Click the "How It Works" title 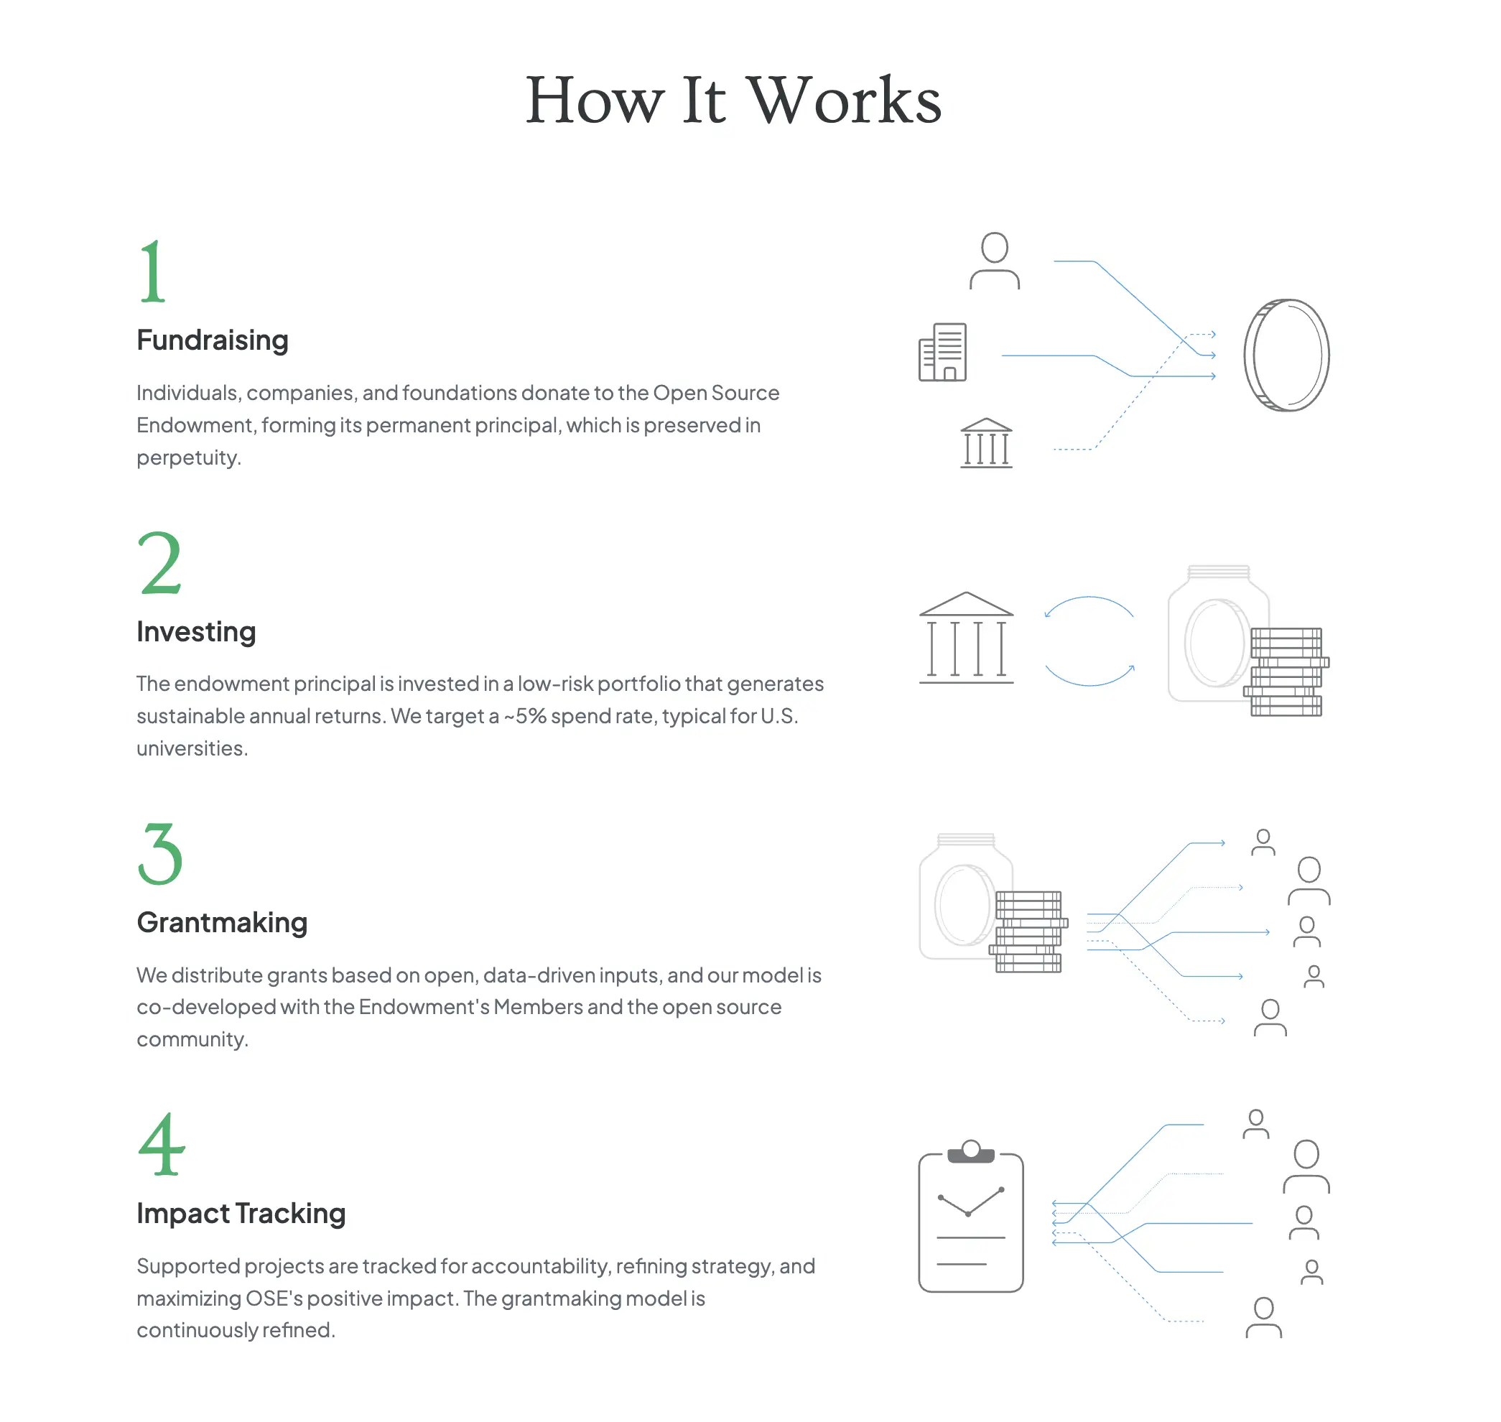(x=733, y=100)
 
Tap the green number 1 (x=152, y=271)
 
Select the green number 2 (x=160, y=562)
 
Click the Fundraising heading (x=213, y=340)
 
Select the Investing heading (x=196, y=631)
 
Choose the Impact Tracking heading (x=241, y=1214)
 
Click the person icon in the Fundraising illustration (x=995, y=261)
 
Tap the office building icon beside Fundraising (x=942, y=352)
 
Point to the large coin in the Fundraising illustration (x=1286, y=355)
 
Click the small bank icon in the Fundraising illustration (x=986, y=442)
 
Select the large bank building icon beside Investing (x=966, y=638)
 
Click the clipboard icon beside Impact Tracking (x=971, y=1217)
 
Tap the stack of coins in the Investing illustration (x=1286, y=671)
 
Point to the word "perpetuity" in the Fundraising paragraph (x=189, y=457)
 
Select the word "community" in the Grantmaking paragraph (x=192, y=1039)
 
